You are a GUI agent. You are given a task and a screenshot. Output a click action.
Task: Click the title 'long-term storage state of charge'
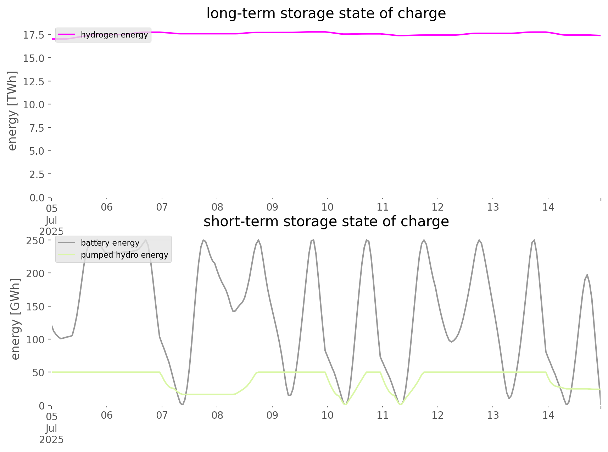326,13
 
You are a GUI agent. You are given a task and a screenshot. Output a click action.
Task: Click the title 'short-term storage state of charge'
326,222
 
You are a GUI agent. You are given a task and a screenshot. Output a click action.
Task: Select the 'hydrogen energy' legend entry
114,35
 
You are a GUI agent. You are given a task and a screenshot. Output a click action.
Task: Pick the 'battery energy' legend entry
110,243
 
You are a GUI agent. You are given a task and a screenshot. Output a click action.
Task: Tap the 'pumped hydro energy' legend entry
124,255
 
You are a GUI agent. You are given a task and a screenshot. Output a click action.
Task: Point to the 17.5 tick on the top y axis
34,35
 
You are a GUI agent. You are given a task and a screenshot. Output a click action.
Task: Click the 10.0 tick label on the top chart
34,105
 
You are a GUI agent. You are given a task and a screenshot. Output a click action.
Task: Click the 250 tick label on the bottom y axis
35,241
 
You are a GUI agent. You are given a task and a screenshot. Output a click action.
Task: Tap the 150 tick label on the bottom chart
35,307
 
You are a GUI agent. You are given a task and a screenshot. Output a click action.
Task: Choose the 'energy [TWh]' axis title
12,111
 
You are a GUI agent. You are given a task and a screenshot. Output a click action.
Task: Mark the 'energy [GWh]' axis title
16,319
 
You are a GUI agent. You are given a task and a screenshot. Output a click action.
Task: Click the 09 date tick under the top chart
272,207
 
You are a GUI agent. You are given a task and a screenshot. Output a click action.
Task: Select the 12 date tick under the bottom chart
438,415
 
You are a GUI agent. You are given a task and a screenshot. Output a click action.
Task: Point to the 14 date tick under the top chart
548,207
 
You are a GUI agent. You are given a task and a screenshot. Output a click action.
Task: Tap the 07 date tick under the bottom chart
162,415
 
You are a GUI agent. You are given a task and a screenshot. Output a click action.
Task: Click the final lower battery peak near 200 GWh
587,275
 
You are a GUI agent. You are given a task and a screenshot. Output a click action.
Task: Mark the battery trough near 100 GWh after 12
451,342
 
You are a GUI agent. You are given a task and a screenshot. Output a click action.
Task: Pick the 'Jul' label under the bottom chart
51,428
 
